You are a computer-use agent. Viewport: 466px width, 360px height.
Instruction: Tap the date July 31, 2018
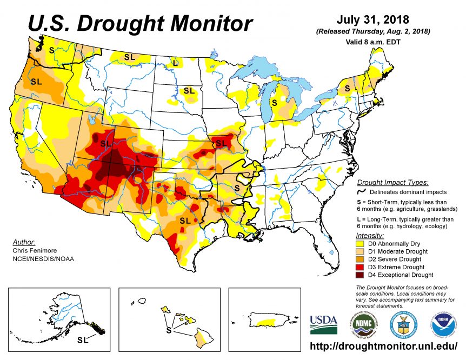[x=374, y=21]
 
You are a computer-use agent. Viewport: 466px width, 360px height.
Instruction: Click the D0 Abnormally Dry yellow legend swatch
[x=362, y=244]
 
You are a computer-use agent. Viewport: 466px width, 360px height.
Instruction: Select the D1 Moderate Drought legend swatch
[x=362, y=251]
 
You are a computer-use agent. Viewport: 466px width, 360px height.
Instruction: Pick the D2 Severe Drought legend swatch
[x=362, y=259]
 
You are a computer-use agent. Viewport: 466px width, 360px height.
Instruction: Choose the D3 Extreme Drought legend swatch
[x=362, y=267]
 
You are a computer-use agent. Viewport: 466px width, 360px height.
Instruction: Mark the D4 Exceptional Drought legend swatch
[x=362, y=275]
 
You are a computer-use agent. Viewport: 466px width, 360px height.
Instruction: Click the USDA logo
[x=323, y=324]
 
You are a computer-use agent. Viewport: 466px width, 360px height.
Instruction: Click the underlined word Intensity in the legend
[x=370, y=236]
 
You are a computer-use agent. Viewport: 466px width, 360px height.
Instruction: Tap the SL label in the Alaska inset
[x=83, y=340]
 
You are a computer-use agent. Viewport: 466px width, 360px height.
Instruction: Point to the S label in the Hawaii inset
[x=168, y=329]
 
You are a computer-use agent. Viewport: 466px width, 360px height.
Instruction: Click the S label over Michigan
[x=274, y=102]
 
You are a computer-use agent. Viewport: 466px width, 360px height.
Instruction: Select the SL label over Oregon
[x=36, y=82]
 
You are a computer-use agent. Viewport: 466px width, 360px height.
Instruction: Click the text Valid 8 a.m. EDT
[x=373, y=41]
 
